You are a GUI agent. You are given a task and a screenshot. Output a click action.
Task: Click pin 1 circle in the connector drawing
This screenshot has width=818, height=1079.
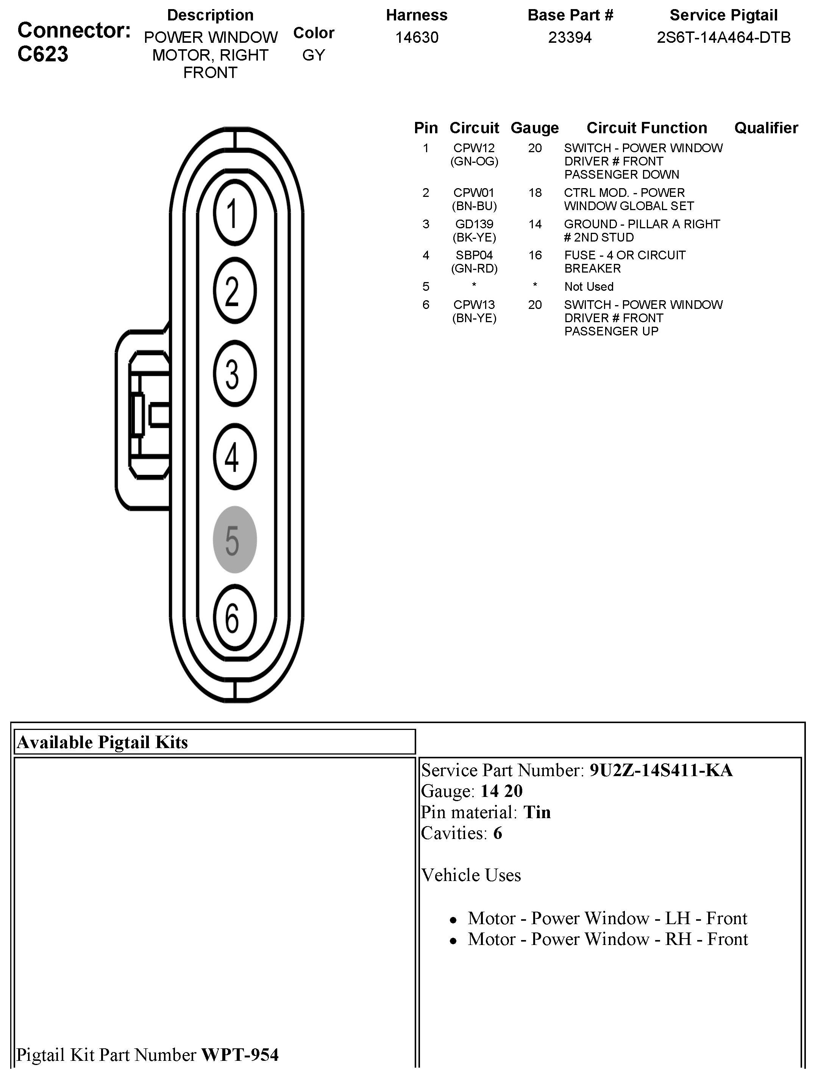pyautogui.click(x=234, y=213)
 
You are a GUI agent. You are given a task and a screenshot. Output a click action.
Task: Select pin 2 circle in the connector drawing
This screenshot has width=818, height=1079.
pyautogui.click(x=234, y=291)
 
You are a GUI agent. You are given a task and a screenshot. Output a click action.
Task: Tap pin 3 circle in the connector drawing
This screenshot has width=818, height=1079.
pyautogui.click(x=234, y=374)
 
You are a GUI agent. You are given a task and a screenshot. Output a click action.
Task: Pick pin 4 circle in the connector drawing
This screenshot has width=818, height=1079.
pyautogui.click(x=234, y=457)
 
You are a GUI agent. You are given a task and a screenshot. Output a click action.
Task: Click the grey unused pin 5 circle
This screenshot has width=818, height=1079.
pyautogui.click(x=234, y=539)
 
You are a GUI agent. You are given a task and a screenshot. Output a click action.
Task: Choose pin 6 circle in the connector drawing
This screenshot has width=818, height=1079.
pyautogui.click(x=234, y=617)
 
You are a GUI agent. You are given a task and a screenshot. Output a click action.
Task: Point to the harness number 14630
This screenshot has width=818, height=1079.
pyautogui.click(x=416, y=37)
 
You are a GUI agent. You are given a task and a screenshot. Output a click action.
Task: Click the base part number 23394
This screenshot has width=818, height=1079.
pyautogui.click(x=570, y=37)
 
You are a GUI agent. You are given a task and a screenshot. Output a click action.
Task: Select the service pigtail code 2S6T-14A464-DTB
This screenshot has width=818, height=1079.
pyautogui.click(x=723, y=37)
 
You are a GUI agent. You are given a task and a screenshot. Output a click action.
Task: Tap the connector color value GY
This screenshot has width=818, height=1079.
pyautogui.click(x=313, y=55)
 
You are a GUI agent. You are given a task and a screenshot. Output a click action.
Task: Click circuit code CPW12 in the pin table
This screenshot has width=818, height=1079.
pyautogui.click(x=474, y=148)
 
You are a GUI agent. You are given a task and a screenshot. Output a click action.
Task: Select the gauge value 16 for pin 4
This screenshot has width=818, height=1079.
pyautogui.click(x=535, y=255)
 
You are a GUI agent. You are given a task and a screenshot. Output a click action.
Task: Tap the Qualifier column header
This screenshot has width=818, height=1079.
pyautogui.click(x=766, y=128)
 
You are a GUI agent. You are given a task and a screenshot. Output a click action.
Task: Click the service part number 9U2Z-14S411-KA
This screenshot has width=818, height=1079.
pyautogui.click(x=661, y=770)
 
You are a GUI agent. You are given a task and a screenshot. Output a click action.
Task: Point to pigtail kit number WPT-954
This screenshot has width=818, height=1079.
pyautogui.click(x=240, y=1055)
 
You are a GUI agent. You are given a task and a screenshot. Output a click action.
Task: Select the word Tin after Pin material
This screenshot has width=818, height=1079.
pyautogui.click(x=537, y=812)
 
